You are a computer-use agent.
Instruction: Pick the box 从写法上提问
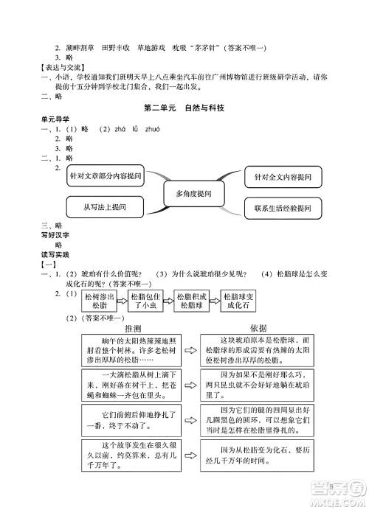point(105,208)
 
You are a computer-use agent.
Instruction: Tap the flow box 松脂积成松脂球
point(194,299)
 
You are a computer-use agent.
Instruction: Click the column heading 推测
point(134,328)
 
